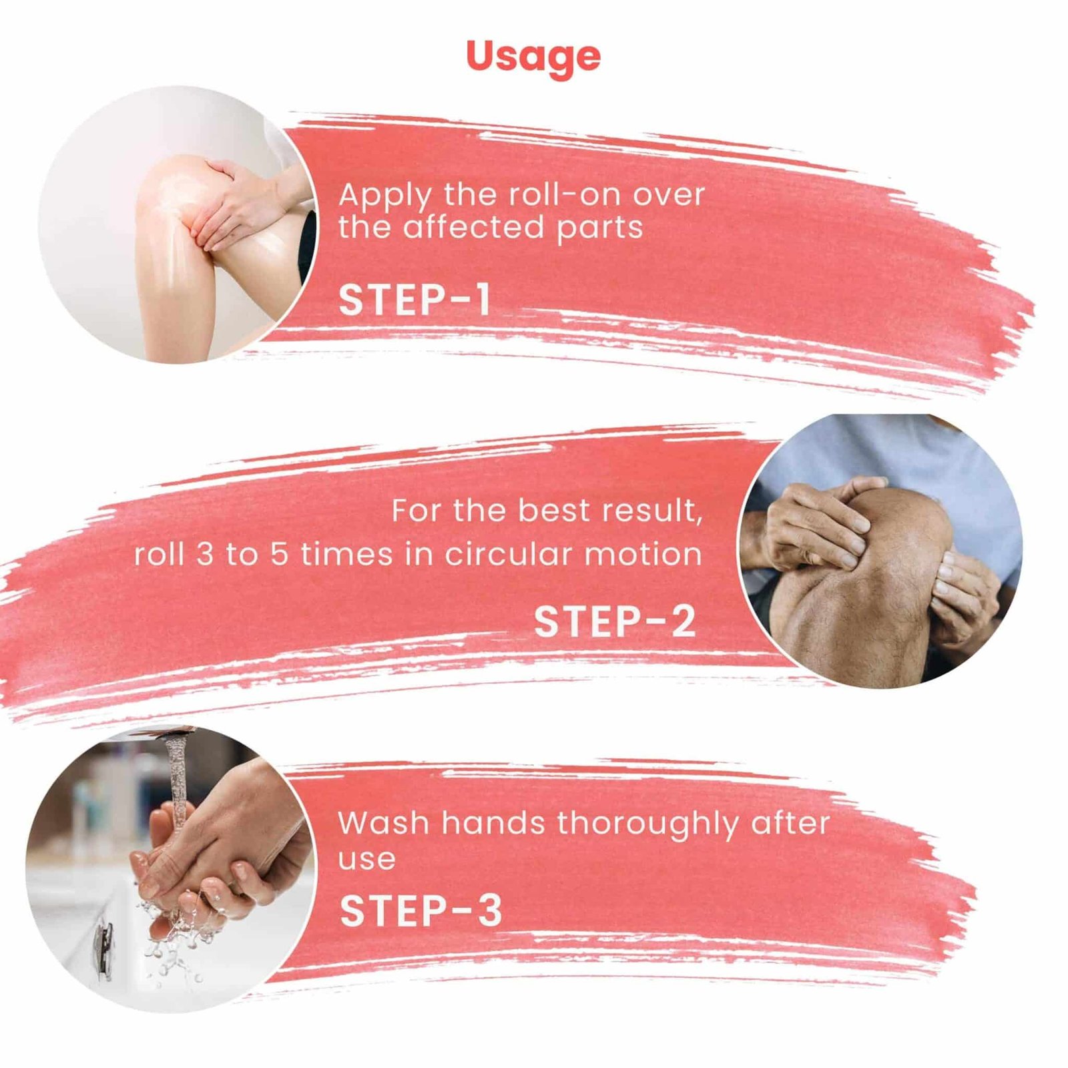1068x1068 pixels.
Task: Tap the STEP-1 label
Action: coord(415,300)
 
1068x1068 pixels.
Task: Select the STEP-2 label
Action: coord(615,621)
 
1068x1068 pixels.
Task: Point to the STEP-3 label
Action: coord(421,910)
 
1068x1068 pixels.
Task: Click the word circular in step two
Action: coord(509,555)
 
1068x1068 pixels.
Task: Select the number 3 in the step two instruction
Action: coord(204,555)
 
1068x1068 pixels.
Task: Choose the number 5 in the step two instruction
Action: coord(278,555)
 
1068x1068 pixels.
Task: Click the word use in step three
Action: coord(366,860)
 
